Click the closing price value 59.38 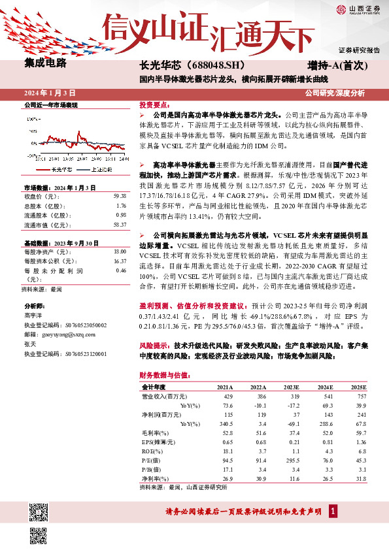[119, 195]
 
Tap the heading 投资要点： [156, 105]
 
